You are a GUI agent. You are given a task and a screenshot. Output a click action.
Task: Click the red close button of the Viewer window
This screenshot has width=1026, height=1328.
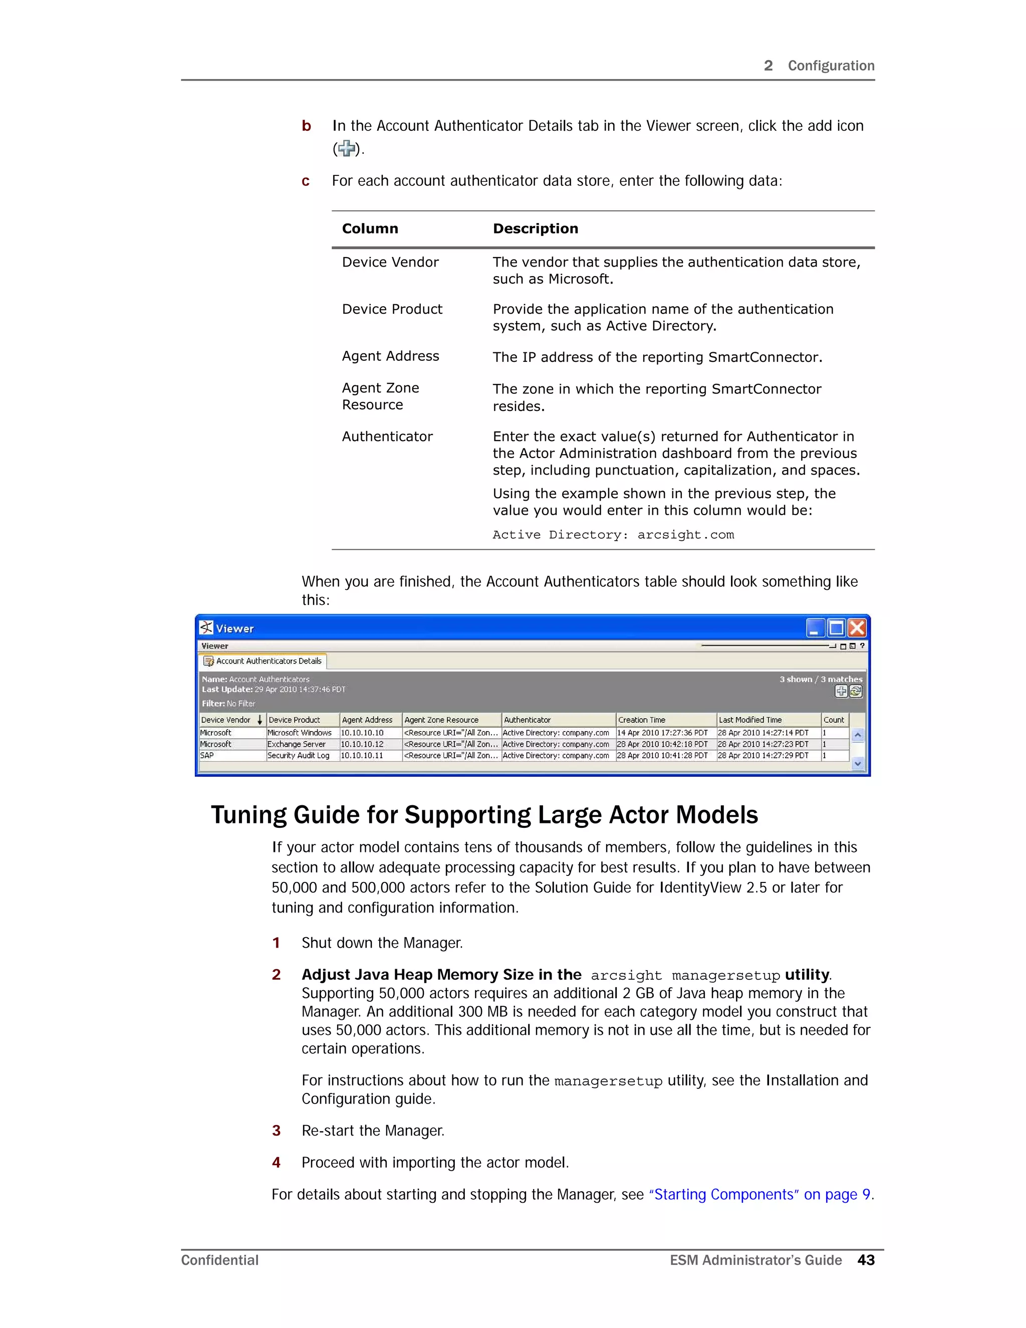[x=857, y=627]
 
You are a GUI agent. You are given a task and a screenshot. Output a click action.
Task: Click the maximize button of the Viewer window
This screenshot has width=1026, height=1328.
[x=836, y=627]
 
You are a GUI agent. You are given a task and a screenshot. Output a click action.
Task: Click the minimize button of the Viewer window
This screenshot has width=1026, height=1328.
[x=815, y=627]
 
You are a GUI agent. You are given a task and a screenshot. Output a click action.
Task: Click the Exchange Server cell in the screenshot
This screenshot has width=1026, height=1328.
[x=297, y=744]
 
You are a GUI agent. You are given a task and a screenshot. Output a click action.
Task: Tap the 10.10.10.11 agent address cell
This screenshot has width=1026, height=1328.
[x=362, y=756]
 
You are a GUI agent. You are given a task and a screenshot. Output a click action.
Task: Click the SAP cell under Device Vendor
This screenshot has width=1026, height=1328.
[x=207, y=756]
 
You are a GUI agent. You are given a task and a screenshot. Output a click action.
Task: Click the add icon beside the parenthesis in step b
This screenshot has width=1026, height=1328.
[x=347, y=148]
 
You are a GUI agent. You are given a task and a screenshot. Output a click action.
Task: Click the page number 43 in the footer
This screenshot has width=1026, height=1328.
[x=866, y=1260]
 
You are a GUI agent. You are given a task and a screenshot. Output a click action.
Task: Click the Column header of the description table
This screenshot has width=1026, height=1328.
[x=370, y=229]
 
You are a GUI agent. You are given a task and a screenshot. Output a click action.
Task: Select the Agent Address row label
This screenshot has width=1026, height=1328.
[x=390, y=356]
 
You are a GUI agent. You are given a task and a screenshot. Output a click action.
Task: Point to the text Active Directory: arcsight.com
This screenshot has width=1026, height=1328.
[x=613, y=535]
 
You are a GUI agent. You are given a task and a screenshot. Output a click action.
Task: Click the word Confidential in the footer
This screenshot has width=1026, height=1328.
[x=219, y=1260]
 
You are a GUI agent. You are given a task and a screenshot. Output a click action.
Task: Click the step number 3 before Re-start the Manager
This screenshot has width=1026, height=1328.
[x=276, y=1131]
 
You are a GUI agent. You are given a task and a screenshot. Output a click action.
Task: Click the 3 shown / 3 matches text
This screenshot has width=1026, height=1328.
[x=821, y=679]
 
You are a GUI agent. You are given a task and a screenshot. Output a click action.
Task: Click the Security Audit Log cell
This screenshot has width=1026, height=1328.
[x=299, y=756]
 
